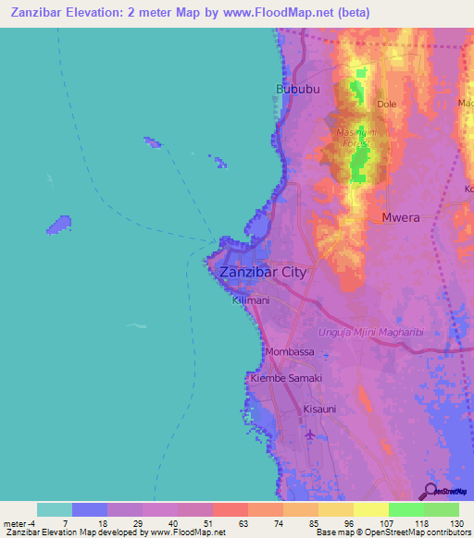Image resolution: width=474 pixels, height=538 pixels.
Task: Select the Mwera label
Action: pyautogui.click(x=401, y=218)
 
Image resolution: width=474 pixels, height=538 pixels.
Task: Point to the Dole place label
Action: pyautogui.click(x=387, y=104)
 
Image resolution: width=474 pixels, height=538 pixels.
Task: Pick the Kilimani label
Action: pyautogui.click(x=250, y=300)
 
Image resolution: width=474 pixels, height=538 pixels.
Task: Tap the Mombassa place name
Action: pyautogui.click(x=290, y=352)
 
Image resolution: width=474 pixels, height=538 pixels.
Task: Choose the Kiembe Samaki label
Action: pyautogui.click(x=286, y=379)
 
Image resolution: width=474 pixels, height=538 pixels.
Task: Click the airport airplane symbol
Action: pyautogui.click(x=309, y=434)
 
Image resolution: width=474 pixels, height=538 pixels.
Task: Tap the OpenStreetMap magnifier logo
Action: pyautogui.click(x=429, y=490)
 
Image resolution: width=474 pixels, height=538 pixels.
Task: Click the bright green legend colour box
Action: pyautogui.click(x=405, y=509)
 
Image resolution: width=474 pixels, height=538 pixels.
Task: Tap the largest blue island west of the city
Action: pyautogui.click(x=59, y=225)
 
